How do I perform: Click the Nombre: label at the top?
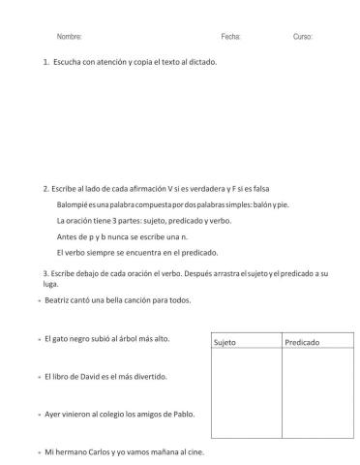[x=70, y=36]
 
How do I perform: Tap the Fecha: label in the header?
[x=230, y=36]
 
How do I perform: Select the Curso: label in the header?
[x=303, y=36]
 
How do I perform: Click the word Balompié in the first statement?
[x=75, y=204]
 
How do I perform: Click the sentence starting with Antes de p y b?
[x=119, y=236]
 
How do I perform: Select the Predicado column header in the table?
[x=303, y=342]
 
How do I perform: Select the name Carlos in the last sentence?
[x=105, y=451]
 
